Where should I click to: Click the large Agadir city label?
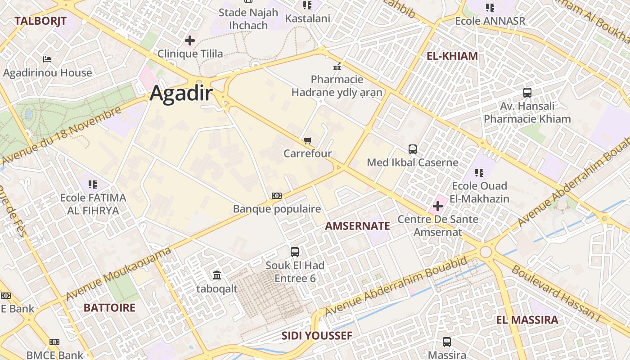pos(181,93)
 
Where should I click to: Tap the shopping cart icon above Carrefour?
pos(307,141)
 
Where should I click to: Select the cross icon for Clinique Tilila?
pos(190,40)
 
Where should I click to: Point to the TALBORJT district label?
pos(40,21)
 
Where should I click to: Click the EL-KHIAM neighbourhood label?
pos(452,56)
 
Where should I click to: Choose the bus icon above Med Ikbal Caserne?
pos(413,149)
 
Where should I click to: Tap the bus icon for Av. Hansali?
pos(527,93)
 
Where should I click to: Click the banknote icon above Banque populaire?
pos(277,196)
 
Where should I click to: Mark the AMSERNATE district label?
pos(357,226)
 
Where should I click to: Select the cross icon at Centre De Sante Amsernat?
pos(437,207)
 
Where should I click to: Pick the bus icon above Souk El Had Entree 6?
pos(295,252)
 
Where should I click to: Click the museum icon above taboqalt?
pos(217,275)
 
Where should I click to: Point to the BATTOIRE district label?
pos(109,308)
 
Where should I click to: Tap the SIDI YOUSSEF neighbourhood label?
pos(317,336)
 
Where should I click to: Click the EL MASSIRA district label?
pos(527,320)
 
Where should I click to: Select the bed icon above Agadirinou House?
pos(47,59)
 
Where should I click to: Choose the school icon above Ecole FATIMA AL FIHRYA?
pos(93,184)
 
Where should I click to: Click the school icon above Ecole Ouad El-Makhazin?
pos(479,172)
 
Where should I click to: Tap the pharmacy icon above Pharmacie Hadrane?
pos(337,67)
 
